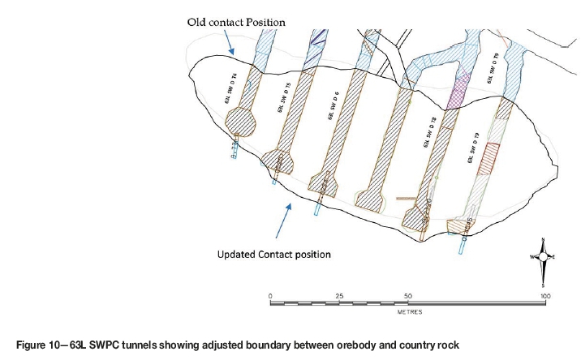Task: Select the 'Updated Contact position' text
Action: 273,254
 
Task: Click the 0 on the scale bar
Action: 269,296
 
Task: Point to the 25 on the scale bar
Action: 338,296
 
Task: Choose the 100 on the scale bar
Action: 546,296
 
